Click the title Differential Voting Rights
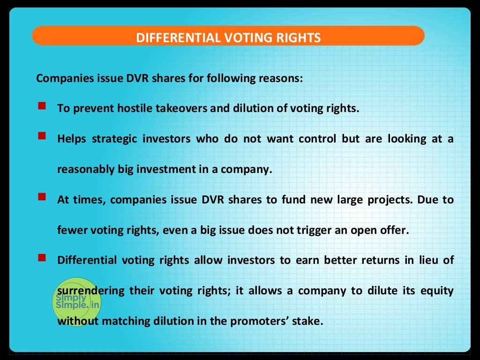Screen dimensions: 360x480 click(228, 37)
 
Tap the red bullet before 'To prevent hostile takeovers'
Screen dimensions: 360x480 click(42, 106)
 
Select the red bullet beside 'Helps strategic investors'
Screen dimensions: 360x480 click(42, 136)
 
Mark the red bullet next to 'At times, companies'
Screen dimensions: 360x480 click(42, 197)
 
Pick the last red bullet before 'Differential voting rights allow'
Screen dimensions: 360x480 click(42, 258)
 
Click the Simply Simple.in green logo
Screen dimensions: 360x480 click(76, 302)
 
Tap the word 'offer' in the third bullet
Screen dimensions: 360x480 click(390, 230)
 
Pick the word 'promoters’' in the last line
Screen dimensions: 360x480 click(268, 321)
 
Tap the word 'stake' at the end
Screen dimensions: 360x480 click(309, 321)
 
